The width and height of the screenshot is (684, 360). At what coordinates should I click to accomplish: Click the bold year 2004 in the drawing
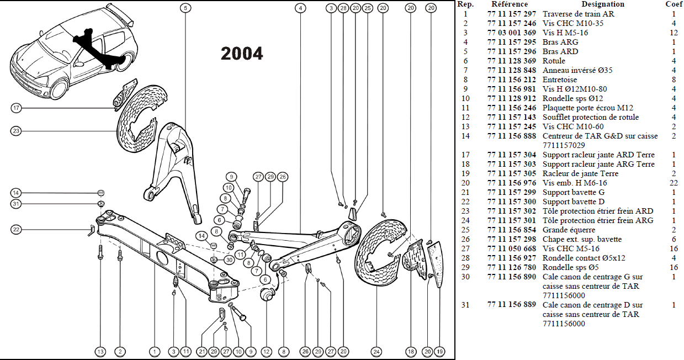(x=242, y=54)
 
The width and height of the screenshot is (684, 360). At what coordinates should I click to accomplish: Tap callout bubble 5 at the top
(x=185, y=8)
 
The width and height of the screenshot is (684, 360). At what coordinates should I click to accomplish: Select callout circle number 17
(x=16, y=108)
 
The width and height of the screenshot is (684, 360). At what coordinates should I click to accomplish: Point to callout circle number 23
(x=16, y=131)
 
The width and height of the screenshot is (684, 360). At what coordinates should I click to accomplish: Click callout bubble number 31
(x=16, y=204)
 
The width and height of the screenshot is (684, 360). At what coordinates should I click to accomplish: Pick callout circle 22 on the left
(x=16, y=229)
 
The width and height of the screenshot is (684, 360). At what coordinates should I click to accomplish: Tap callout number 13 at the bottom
(x=100, y=351)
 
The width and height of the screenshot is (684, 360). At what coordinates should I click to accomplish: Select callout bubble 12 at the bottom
(x=267, y=351)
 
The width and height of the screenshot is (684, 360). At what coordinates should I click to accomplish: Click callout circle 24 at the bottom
(x=376, y=351)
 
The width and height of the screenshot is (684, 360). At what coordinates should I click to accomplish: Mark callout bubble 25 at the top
(x=368, y=8)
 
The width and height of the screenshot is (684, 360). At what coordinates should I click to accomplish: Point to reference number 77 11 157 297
(x=511, y=14)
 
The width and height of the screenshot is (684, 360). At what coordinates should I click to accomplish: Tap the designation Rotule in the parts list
(x=554, y=61)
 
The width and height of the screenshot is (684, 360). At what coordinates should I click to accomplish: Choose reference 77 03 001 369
(x=511, y=33)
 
